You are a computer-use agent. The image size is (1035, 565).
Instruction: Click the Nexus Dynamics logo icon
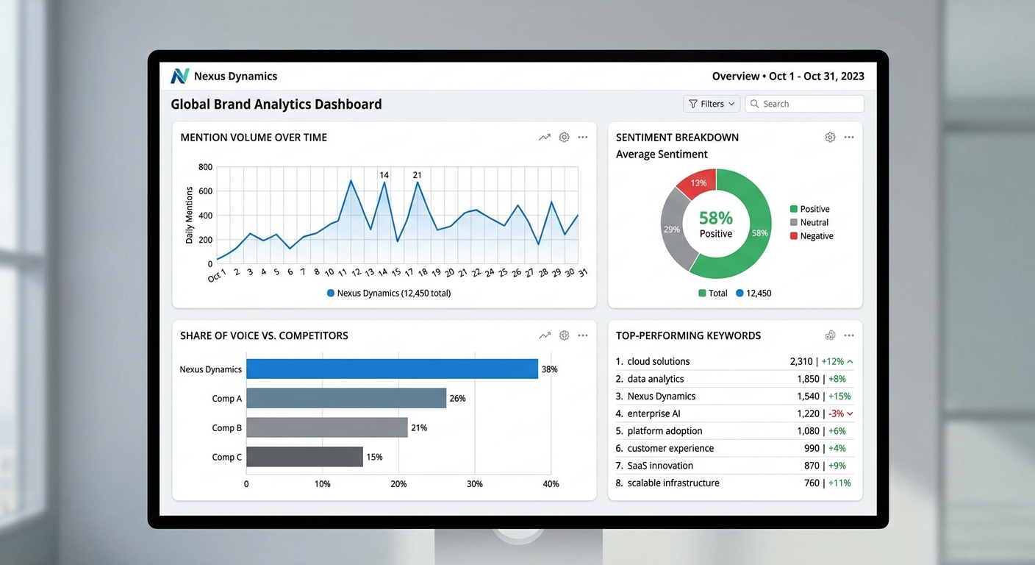[x=180, y=76]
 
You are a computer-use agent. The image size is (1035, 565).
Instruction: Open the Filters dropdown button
[x=712, y=104]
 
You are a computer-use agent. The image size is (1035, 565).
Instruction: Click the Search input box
[x=805, y=104]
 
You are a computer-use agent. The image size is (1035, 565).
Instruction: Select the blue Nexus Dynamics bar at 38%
[x=392, y=369]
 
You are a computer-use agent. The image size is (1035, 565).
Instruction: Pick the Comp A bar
[x=346, y=398]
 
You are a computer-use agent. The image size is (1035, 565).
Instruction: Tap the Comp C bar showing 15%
[x=304, y=457]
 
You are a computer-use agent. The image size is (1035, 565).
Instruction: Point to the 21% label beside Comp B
[x=419, y=427]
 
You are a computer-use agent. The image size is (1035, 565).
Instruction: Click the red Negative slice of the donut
[x=696, y=184]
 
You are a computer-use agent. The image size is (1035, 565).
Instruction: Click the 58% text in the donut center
[x=716, y=218]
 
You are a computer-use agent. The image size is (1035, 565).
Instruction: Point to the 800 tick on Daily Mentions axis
[x=205, y=167]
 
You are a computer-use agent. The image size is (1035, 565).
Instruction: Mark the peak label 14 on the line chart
[x=384, y=175]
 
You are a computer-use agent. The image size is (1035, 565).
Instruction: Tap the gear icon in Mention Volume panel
[x=564, y=137]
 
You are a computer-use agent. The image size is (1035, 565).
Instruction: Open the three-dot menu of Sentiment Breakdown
[x=849, y=137]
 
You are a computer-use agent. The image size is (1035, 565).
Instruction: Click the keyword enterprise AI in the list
[x=653, y=413]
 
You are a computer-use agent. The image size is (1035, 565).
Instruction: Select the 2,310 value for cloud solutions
[x=801, y=361]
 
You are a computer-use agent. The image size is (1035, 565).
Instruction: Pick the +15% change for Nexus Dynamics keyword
[x=839, y=396]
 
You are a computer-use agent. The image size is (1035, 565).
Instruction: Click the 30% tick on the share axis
[x=475, y=484]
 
